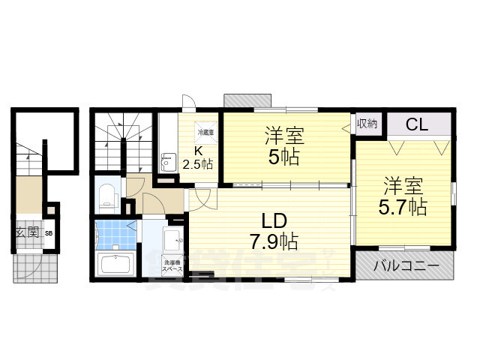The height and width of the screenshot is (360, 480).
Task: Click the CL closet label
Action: coord(417,124)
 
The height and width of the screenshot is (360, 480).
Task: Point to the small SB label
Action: coord(49,234)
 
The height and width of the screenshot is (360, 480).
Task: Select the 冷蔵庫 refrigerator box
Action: coord(205,132)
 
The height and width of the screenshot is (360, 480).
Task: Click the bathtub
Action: coord(115,265)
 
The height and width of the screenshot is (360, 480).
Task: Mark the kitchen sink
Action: coord(168,160)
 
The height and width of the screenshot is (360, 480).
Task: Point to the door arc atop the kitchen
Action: coord(190,105)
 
